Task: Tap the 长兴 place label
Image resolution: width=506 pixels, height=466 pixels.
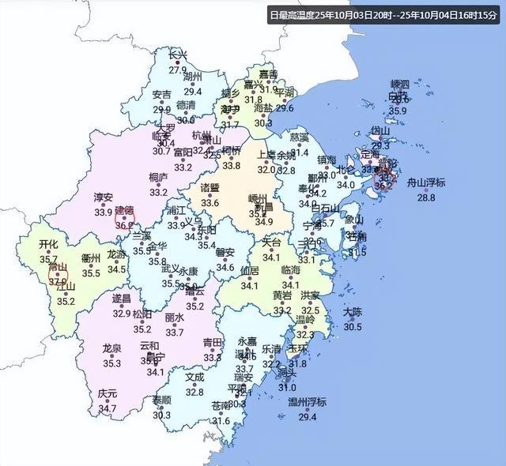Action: click(178, 55)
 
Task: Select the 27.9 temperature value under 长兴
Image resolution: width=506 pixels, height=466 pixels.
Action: click(178, 70)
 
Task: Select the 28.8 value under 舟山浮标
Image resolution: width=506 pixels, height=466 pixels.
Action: click(426, 197)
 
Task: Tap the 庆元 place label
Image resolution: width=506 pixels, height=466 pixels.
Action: click(108, 394)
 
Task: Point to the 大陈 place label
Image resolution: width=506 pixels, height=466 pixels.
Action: click(353, 313)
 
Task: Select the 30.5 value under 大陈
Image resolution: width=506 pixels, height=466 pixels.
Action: click(353, 327)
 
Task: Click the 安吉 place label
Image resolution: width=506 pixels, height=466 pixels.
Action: click(161, 96)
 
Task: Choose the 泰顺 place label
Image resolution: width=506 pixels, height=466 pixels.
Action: click(162, 400)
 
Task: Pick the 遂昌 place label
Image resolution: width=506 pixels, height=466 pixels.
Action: click(121, 299)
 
